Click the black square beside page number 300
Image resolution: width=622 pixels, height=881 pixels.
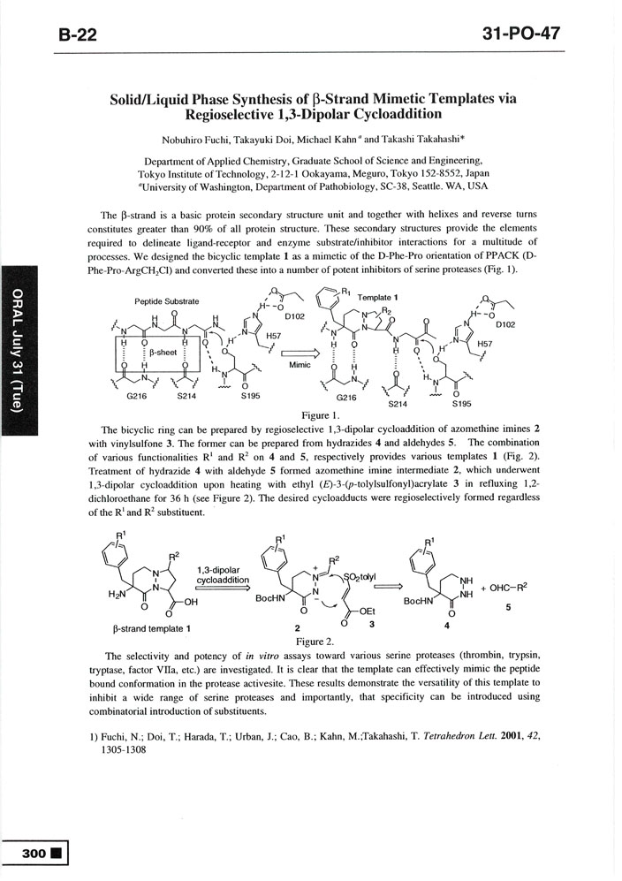coord(57,854)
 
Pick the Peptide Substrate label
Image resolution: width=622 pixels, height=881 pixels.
coord(166,301)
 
